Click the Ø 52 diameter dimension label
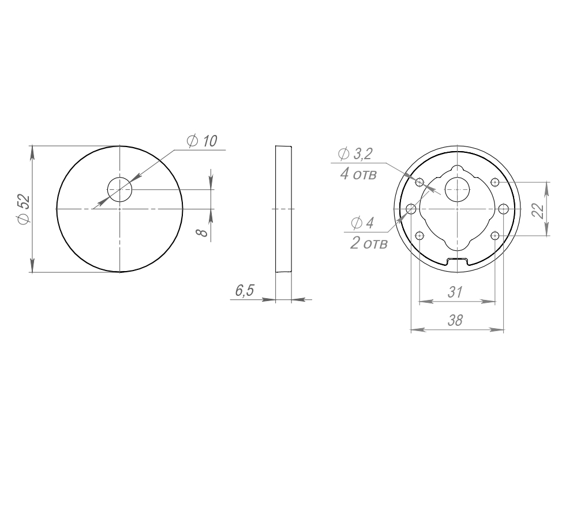click(23, 209)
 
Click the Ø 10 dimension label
click(202, 141)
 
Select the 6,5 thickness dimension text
click(244, 291)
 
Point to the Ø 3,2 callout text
click(355, 154)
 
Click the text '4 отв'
click(358, 174)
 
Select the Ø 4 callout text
click(362, 223)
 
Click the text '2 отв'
click(369, 243)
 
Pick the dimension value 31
click(455, 292)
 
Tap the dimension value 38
click(455, 321)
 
